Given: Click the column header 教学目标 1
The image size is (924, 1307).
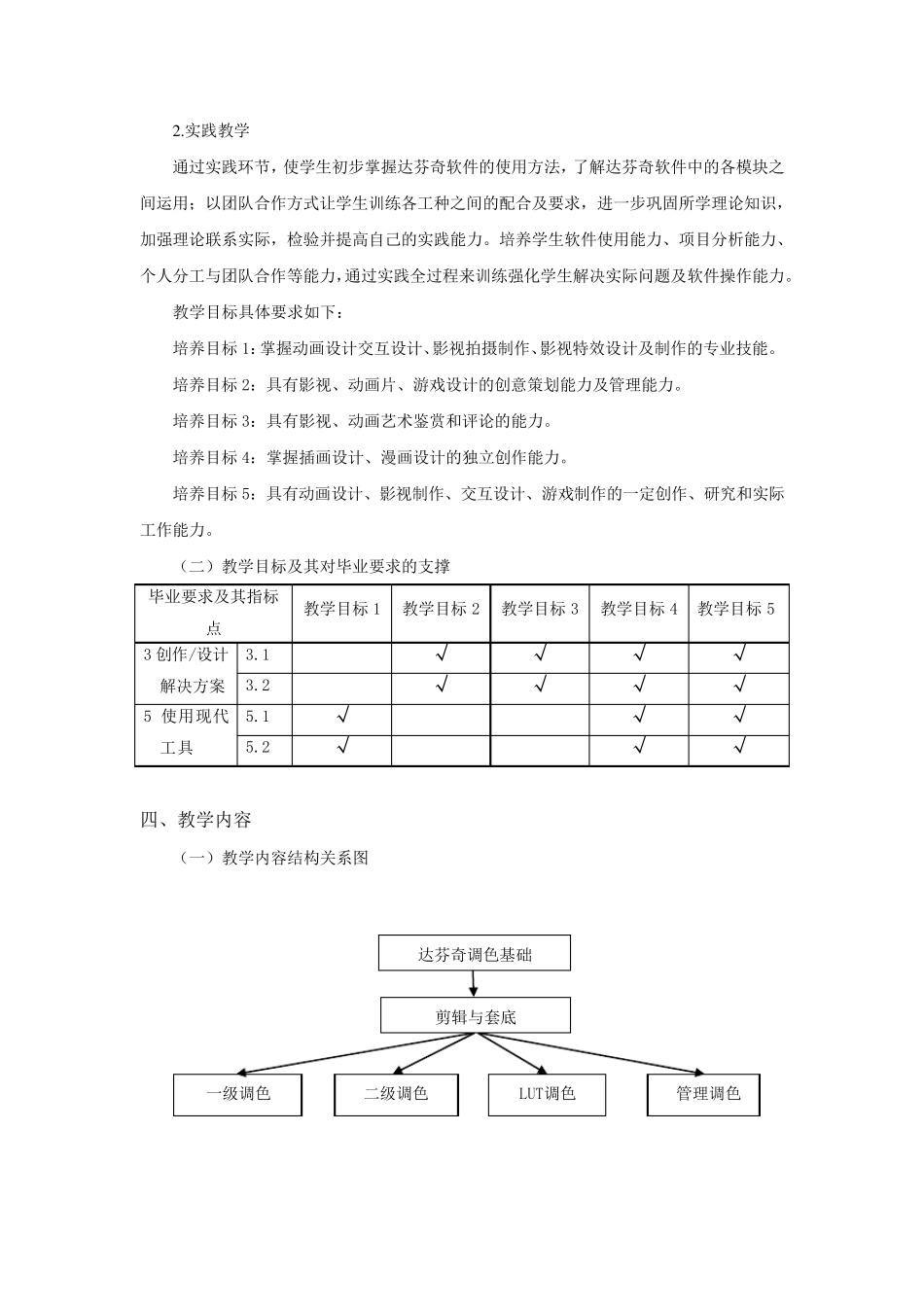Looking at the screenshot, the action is coord(342,610).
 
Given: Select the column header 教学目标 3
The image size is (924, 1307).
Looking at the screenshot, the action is coord(540,610).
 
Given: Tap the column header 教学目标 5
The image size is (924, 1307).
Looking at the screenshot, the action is coord(736,610).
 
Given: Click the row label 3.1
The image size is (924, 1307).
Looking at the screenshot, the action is coord(258,655).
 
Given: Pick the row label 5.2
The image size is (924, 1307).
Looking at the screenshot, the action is coord(258,748).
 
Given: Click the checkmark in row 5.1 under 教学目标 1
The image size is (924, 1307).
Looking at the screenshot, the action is coord(342,718).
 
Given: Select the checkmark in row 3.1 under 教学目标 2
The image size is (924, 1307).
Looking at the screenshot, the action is coord(442,655).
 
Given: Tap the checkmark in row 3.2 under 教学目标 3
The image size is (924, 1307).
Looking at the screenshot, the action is coord(540,686).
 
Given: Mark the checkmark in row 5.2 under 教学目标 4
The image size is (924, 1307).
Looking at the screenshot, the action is coord(639,748).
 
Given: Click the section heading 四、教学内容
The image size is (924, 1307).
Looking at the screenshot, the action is coord(195,820).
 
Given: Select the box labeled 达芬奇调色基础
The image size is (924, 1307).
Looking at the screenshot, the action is coord(475,954).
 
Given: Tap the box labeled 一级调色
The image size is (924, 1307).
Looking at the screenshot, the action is coord(237,1094).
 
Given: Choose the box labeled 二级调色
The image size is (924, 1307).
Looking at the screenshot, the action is coord(396,1094).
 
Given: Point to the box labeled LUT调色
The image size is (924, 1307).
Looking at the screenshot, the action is coord(547,1094).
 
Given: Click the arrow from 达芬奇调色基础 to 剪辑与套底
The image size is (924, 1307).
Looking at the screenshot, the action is coord(473,984).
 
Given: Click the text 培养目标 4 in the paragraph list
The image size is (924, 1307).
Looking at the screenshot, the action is coord(212,457).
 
